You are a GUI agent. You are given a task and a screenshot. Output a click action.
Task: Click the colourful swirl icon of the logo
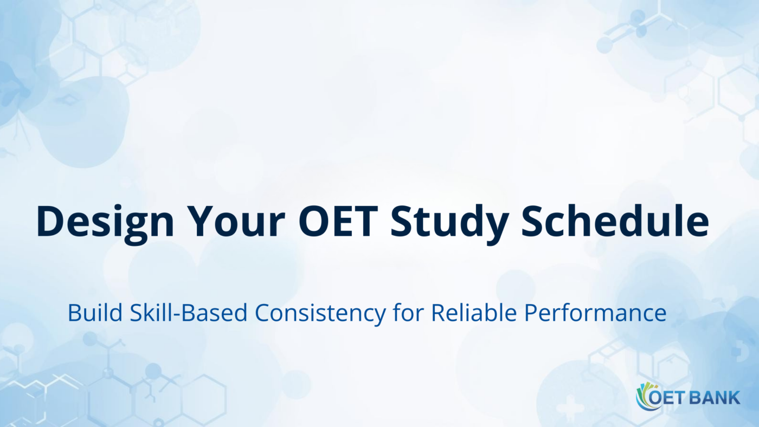click(644, 396)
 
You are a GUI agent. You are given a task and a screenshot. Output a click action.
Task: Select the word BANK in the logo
click(716, 398)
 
